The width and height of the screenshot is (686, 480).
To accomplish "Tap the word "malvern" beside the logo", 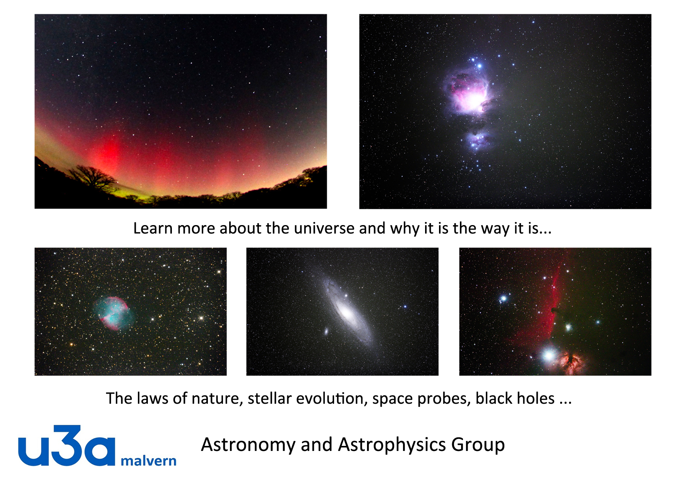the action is (x=149, y=461).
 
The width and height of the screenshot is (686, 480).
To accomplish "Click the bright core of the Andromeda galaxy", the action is (x=346, y=312).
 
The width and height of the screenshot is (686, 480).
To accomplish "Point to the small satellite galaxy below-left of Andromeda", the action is (x=326, y=331).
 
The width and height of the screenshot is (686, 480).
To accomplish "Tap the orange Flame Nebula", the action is (x=571, y=362).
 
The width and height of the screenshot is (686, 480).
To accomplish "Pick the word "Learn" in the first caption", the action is (x=153, y=228).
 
